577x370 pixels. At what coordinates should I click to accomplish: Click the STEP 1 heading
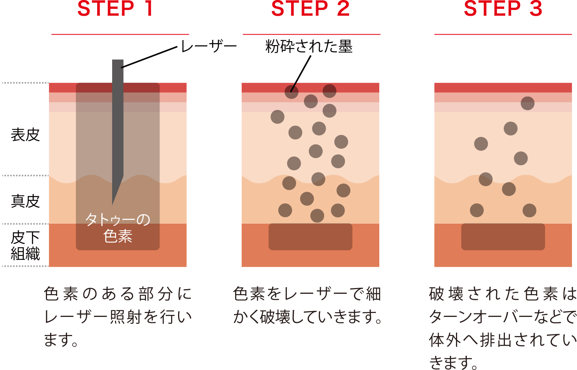pos(116,8)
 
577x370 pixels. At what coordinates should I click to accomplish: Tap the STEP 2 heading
pos(310,8)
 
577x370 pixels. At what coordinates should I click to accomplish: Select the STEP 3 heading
pos(503,8)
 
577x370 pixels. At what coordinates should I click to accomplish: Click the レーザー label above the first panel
pos(208,47)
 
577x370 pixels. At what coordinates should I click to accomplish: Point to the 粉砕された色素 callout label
pos(309,47)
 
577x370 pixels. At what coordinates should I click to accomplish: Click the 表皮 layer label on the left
pos(25,135)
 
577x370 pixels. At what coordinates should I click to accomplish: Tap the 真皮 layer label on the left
pos(25,201)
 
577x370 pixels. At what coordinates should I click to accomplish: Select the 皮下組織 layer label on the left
pos(25,245)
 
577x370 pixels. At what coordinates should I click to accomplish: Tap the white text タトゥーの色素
pos(118,228)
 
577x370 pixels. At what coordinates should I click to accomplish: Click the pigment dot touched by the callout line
pos(291,92)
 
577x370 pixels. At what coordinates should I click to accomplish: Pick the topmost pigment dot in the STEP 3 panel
pos(527,103)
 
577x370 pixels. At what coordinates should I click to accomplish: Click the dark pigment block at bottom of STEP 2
pos(310,237)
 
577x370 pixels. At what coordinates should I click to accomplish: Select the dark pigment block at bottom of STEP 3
pos(503,237)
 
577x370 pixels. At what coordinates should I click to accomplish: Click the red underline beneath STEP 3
pos(503,34)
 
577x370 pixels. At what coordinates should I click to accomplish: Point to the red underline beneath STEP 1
pos(120,34)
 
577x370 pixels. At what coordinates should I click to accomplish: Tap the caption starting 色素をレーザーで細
pos(308,305)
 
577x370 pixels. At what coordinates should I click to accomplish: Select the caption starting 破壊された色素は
pos(503,327)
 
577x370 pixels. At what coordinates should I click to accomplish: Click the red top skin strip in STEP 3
pos(503,88)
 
